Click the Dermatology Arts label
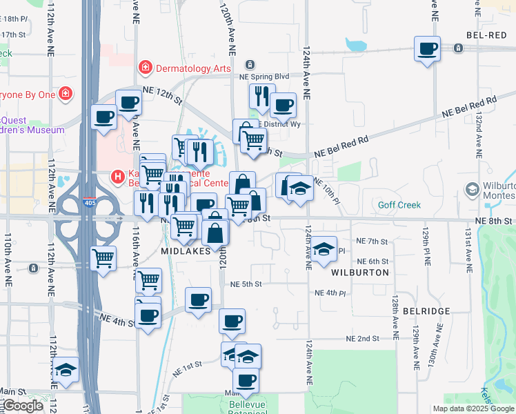click(x=192, y=68)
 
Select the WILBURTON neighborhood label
click(x=360, y=273)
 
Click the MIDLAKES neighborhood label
click(x=186, y=252)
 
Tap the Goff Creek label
click(x=399, y=205)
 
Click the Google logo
click(x=22, y=406)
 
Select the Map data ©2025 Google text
click(x=473, y=408)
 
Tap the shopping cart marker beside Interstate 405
click(x=103, y=259)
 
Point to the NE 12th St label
click(x=161, y=95)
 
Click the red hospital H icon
click(x=118, y=177)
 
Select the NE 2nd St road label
click(x=363, y=338)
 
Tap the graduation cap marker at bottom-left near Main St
click(x=66, y=371)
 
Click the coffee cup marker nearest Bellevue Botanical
click(x=245, y=380)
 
